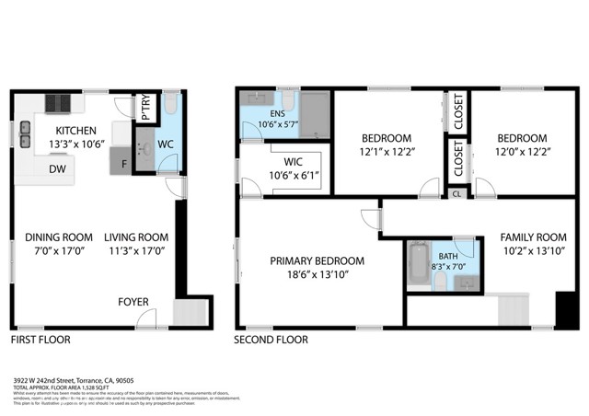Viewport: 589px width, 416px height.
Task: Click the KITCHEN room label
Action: [x=70, y=130]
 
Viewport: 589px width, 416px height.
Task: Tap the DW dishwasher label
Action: [x=56, y=168]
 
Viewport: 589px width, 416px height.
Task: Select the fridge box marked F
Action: [x=124, y=165]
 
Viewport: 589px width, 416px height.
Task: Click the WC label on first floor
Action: [x=166, y=144]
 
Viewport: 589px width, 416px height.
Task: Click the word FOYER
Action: [x=133, y=301]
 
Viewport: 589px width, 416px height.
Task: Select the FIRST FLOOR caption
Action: [x=40, y=340]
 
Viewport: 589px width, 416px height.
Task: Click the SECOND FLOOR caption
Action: [x=271, y=340]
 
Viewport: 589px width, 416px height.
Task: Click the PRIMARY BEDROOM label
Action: [x=317, y=260]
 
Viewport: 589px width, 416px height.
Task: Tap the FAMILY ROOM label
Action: [x=533, y=236]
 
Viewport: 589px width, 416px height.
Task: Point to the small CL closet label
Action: [x=456, y=193]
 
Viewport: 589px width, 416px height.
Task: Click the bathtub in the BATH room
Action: [x=419, y=265]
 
